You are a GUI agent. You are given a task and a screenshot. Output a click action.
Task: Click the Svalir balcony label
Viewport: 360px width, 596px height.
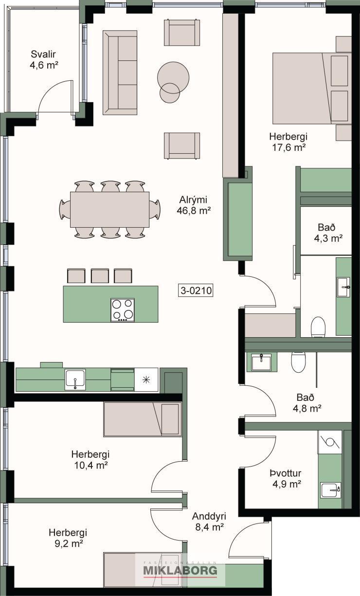[x=43, y=54]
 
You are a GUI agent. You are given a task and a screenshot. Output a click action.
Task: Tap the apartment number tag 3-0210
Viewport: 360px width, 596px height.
[x=197, y=290]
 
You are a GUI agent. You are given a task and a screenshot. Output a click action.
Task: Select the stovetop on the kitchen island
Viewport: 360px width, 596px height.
[x=123, y=310]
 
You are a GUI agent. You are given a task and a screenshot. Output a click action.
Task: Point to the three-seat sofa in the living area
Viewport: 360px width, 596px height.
[x=120, y=72]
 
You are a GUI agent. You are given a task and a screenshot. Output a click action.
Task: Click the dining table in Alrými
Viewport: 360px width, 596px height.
[x=109, y=209]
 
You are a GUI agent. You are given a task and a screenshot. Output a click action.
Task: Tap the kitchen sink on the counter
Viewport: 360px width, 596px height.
[x=75, y=379]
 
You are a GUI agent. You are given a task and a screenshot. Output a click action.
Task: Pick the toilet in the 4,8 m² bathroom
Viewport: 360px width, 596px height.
[x=299, y=362]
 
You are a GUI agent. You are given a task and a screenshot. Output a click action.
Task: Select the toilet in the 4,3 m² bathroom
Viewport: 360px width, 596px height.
[x=319, y=327]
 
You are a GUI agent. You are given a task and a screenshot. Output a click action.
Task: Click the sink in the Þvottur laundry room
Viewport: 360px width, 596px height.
[x=330, y=490]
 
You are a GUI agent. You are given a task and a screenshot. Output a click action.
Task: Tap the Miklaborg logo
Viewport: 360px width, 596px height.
[x=180, y=570]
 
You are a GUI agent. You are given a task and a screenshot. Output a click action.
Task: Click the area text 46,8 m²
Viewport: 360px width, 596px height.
[x=194, y=211]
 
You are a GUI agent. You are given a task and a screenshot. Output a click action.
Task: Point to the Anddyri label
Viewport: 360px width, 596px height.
[x=209, y=516]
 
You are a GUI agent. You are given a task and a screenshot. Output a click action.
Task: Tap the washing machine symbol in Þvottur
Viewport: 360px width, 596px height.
[x=330, y=442]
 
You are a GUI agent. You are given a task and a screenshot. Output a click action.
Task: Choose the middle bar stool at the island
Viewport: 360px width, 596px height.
[x=100, y=276]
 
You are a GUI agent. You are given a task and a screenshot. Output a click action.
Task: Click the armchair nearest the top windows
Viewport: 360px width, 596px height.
[x=182, y=33]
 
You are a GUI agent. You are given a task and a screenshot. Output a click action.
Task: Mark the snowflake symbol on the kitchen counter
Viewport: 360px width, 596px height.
[x=146, y=379]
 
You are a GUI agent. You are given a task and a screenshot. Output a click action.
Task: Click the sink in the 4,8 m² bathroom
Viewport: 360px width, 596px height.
[x=262, y=362]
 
